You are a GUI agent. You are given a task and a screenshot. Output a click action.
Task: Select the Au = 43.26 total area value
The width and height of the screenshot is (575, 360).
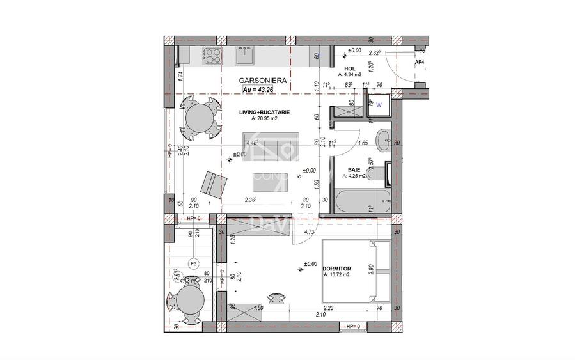[259, 90]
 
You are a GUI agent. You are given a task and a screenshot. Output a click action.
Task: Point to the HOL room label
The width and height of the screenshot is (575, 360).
[349, 68]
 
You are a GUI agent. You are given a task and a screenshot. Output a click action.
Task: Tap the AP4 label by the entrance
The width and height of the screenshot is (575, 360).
[420, 63]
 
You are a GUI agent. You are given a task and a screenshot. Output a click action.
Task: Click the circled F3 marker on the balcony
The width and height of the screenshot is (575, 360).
[192, 263]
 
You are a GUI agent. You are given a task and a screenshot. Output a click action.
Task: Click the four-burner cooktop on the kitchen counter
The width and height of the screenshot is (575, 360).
[212, 56]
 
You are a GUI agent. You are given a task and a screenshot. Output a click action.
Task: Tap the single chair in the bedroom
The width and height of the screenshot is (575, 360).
[276, 297]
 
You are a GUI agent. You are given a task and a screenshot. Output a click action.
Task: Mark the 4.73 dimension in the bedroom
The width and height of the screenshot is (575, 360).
[308, 233]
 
